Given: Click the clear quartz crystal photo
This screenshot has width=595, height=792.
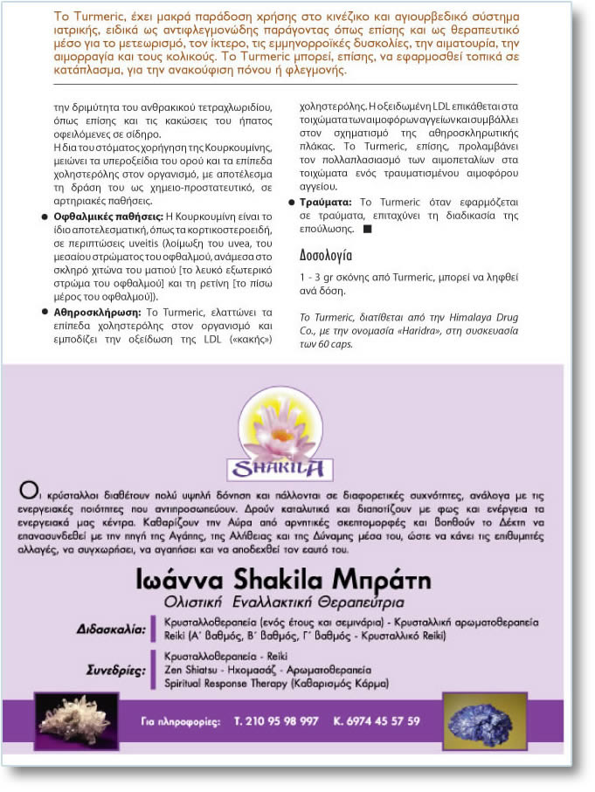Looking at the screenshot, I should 77,721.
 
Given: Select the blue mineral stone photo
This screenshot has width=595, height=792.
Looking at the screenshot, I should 484,721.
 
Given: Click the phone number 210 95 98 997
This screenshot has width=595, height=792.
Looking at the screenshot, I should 277,721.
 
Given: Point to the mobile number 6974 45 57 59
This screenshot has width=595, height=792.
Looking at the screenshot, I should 377,721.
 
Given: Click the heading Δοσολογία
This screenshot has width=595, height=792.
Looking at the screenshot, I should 326,256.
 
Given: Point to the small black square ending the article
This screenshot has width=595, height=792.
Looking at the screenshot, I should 367,229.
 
